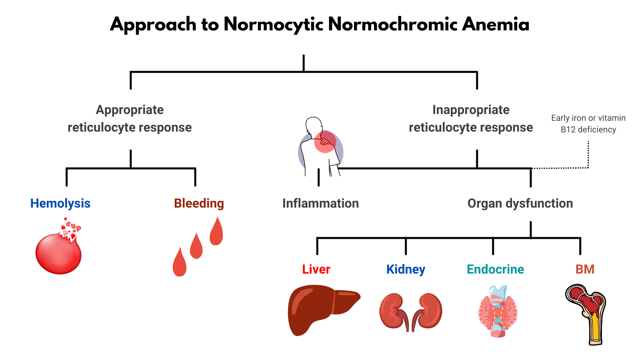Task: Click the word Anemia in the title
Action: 496,25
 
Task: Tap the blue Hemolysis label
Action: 60,203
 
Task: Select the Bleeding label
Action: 199,203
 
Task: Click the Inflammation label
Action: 320,203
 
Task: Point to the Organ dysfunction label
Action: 520,203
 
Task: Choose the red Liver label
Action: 316,269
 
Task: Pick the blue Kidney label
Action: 406,269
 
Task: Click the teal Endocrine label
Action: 495,269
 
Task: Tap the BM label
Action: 585,269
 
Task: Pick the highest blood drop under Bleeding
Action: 216,233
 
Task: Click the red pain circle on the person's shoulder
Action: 324,142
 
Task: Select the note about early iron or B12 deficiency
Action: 588,124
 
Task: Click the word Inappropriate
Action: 471,110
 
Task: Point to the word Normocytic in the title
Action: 273,25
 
